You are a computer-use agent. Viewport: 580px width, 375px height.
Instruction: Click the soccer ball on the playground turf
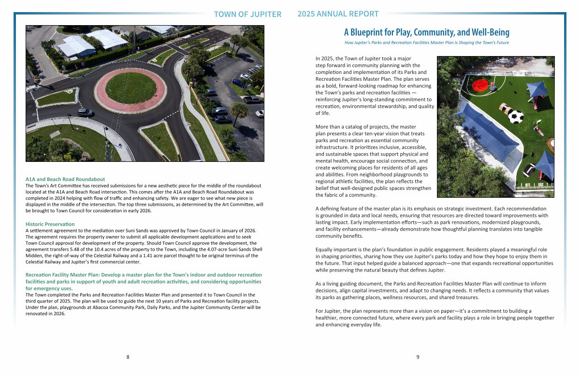pyautogui.click(x=516, y=116)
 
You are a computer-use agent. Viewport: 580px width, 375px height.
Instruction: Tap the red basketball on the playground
pyautogui.click(x=479, y=86)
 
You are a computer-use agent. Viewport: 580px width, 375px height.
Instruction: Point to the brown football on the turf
pyautogui.click(x=504, y=107)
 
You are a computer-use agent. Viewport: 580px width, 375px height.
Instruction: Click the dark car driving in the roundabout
pyautogui.click(x=85, y=112)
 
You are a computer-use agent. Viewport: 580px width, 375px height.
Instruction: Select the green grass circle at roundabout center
pyautogui.click(x=130, y=87)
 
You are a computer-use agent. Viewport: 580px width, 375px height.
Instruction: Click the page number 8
pyautogui.click(x=128, y=357)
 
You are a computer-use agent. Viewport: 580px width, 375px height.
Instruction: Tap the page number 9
pyautogui.click(x=418, y=357)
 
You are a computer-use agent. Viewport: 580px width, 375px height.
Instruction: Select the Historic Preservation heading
pyautogui.click(x=50, y=224)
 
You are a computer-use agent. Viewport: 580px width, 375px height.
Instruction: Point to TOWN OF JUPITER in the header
pyautogui.click(x=247, y=14)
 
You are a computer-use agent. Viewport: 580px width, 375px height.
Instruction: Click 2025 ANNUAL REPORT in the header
pyautogui.click(x=338, y=14)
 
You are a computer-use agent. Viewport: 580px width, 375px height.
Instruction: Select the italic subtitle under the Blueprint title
pyautogui.click(x=426, y=43)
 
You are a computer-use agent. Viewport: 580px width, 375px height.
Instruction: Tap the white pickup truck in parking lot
pyautogui.click(x=251, y=100)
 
